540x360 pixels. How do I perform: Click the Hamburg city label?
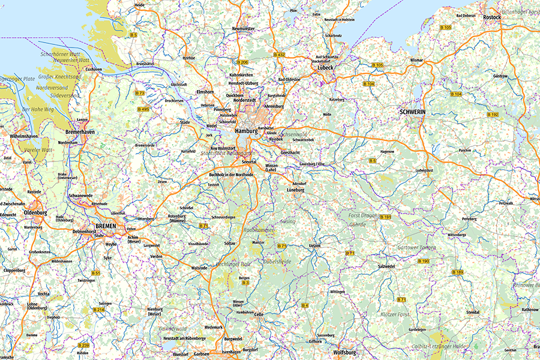click(246, 131)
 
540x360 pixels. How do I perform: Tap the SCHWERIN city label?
click(412, 112)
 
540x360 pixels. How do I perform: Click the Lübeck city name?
click(325, 68)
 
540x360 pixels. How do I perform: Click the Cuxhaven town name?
click(94, 70)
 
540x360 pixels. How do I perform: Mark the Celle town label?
click(259, 314)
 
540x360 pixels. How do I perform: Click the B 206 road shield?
click(242, 62)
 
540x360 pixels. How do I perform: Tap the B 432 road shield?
click(279, 55)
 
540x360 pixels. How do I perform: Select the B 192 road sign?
click(493, 114)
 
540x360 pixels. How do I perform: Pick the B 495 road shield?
click(143, 109)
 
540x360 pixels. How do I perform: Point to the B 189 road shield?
click(457, 272)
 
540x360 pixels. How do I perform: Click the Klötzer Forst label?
click(395, 314)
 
